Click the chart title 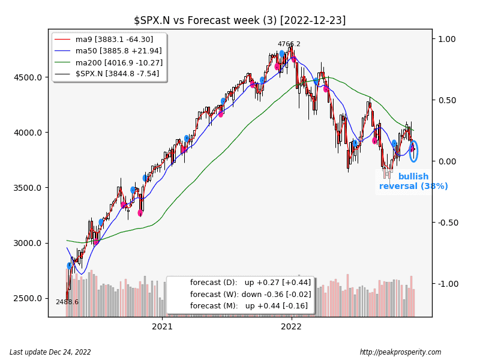[x=239, y=20]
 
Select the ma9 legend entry [x=114, y=39]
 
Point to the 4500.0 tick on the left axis [x=29, y=77]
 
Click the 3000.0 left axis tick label [x=29, y=243]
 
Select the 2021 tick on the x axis [x=163, y=327]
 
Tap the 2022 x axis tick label [x=292, y=327]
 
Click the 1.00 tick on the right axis [x=447, y=39]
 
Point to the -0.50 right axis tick [x=446, y=223]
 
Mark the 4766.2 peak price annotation [x=289, y=44]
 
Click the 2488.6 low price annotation [x=67, y=302]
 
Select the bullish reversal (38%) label [x=413, y=181]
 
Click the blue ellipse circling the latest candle [x=413, y=151]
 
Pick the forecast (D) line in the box [x=250, y=283]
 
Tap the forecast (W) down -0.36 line [x=250, y=294]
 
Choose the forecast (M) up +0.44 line [x=250, y=306]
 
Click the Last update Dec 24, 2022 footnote [x=50, y=352]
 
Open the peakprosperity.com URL [x=400, y=352]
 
